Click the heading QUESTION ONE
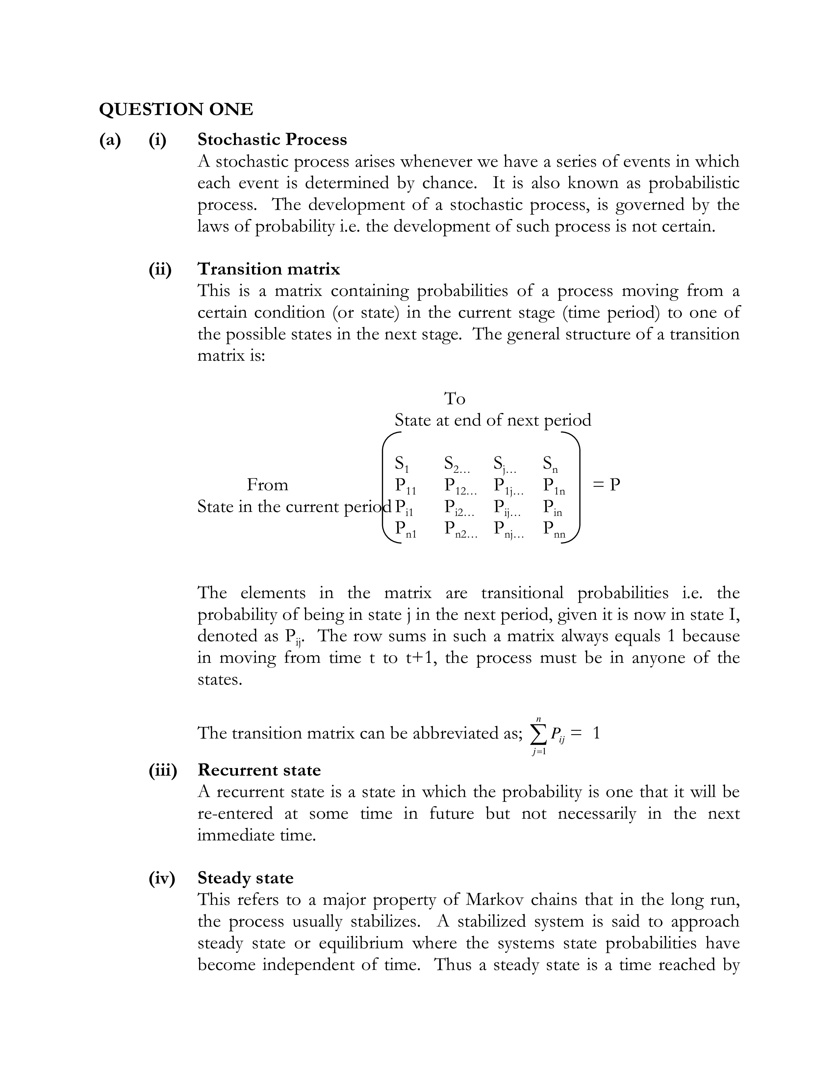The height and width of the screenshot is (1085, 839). [x=176, y=109]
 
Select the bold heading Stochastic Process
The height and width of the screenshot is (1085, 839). [x=272, y=140]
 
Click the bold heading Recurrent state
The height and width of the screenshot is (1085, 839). [x=259, y=770]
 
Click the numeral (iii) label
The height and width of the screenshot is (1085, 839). [x=163, y=770]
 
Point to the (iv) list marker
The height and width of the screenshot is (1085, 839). [x=162, y=878]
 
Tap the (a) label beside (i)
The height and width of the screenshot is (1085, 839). [x=110, y=140]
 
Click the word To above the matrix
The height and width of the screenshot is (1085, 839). [x=454, y=398]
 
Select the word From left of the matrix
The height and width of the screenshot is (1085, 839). [x=267, y=485]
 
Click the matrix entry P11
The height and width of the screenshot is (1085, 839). [x=405, y=486]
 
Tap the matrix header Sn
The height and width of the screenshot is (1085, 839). [x=550, y=465]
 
